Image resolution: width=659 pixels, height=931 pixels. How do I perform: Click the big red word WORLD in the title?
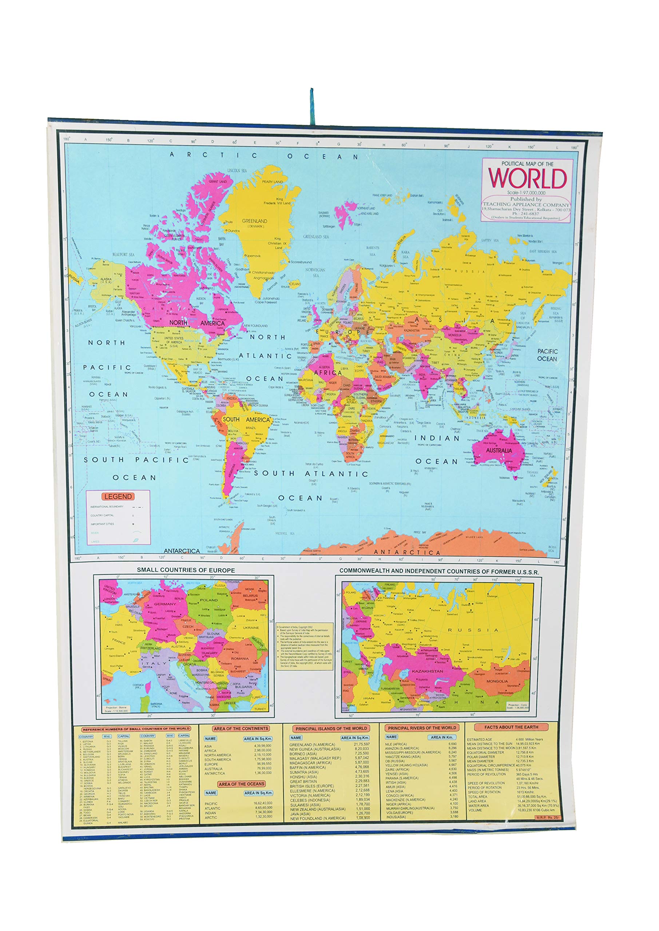pos(527,178)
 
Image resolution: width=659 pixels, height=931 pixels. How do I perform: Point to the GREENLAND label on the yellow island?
pos(254,221)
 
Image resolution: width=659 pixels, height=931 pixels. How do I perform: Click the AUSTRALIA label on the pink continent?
pos(499,451)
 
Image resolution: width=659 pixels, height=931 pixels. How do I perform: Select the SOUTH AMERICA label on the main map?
pos(246,419)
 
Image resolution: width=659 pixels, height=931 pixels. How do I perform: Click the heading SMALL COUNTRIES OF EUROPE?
pos(186,570)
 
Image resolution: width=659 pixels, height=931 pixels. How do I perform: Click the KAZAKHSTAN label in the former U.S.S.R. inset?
pos(427,671)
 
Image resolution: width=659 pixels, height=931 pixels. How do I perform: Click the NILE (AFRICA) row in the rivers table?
pos(396,744)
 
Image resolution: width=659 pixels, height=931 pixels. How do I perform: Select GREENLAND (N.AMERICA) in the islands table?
pos(312,744)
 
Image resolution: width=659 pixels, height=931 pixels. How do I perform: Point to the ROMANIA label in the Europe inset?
pos(239,659)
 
